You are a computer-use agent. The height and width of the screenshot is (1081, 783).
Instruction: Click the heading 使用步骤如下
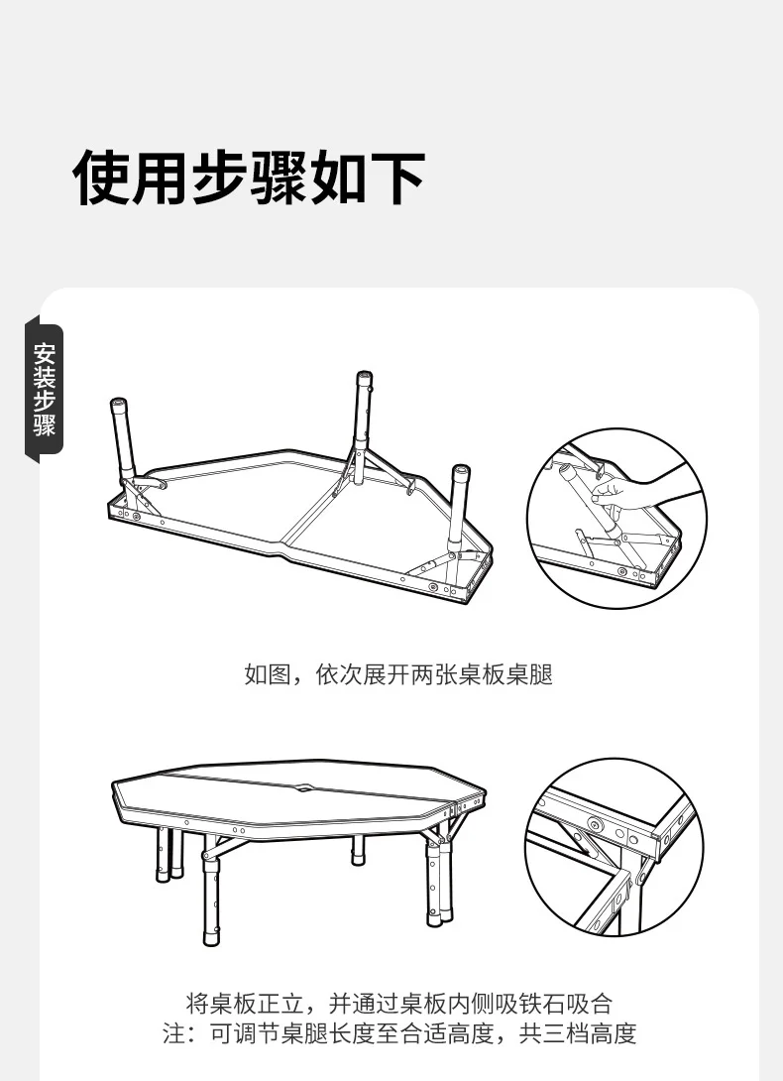248,178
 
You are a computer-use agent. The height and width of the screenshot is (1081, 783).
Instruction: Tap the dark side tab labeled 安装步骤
45,390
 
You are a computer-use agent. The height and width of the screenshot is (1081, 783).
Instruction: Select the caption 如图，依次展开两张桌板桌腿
398,674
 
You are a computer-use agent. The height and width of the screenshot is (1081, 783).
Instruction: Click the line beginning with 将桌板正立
399,1003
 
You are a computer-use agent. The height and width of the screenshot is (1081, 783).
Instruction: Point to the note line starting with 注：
399,1033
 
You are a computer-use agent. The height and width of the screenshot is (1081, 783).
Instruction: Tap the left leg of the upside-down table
124,440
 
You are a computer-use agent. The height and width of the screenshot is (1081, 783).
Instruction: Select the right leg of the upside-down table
459,509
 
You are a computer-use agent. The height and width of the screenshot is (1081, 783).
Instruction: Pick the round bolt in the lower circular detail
594,824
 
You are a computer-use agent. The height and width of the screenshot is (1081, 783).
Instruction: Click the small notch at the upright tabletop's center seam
303,786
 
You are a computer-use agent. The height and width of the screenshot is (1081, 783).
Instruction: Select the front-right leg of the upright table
434,884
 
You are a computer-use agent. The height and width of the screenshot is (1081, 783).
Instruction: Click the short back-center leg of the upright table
358,850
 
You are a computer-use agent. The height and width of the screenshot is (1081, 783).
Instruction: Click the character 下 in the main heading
397,178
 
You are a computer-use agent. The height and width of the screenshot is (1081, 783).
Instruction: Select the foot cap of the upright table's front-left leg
212,938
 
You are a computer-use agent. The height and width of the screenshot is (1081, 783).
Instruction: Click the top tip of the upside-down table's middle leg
365,375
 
